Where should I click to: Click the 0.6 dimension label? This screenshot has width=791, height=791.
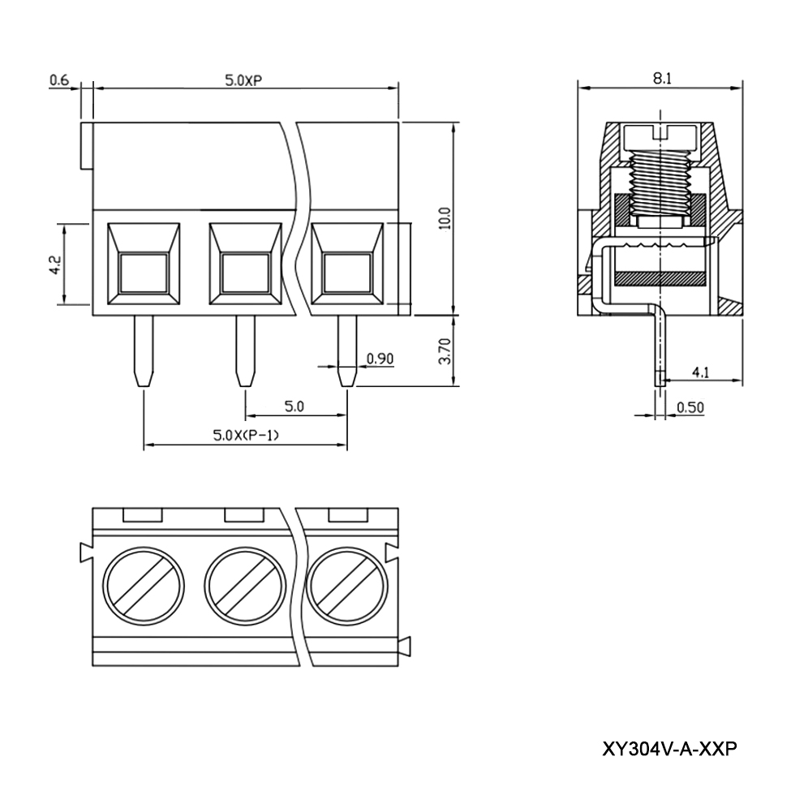[x=59, y=80]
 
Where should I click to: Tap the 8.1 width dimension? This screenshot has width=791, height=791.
[x=661, y=78]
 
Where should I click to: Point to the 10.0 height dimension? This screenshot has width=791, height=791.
[x=443, y=219]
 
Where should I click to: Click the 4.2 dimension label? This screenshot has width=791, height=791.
[x=54, y=264]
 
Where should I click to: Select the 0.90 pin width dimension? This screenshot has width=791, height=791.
[x=380, y=359]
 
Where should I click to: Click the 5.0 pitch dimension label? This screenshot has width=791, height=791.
[x=294, y=407]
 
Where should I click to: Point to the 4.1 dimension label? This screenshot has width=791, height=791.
[x=701, y=372]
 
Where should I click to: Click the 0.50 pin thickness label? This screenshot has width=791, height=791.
[x=690, y=407]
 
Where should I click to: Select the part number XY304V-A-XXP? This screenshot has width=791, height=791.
[x=670, y=748]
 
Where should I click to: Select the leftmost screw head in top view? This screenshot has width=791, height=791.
[x=144, y=587]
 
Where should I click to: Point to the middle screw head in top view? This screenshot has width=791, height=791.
[x=246, y=587]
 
